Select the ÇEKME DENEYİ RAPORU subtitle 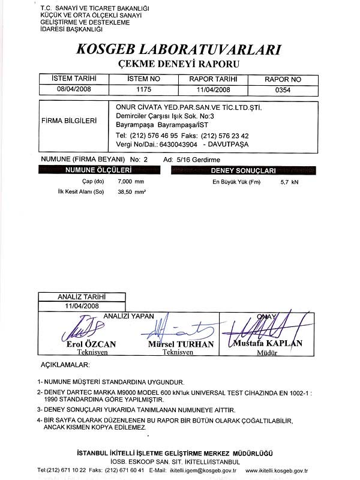tap(180, 64)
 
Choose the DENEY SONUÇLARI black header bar tap(251, 170)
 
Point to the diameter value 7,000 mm tap(131, 181)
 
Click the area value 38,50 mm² tap(132, 192)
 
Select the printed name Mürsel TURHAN tap(181, 344)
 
